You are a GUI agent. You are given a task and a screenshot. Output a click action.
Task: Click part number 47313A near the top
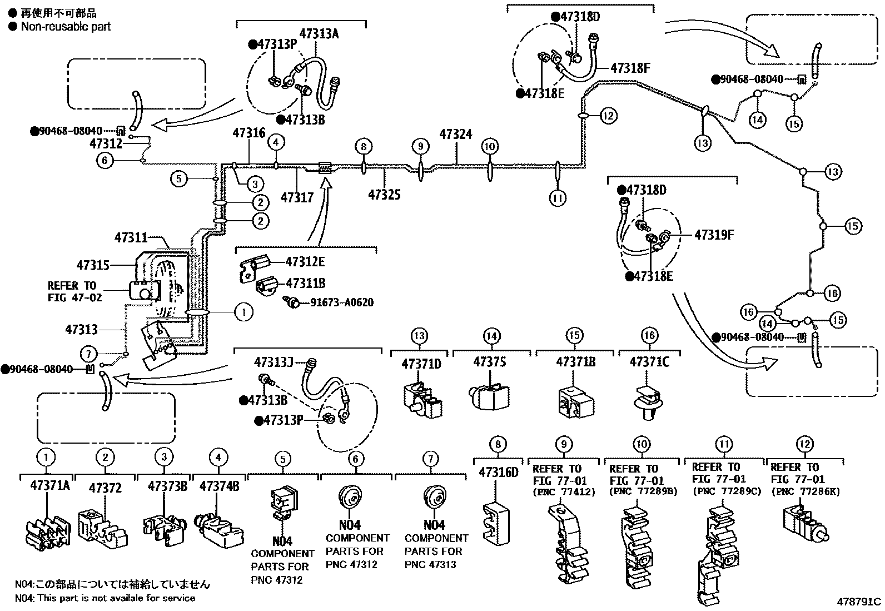pyautogui.click(x=319, y=33)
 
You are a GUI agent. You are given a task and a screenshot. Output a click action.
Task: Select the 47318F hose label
pyautogui.click(x=630, y=68)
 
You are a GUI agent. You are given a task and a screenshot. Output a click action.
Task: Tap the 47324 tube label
pyautogui.click(x=456, y=135)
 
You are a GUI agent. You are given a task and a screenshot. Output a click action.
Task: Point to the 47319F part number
pyautogui.click(x=714, y=235)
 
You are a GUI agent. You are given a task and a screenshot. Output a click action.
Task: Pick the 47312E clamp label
pyautogui.click(x=305, y=262)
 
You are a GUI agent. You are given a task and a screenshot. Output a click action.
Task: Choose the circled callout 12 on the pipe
pyautogui.click(x=609, y=116)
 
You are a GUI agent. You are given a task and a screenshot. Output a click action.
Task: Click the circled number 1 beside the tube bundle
pyautogui.click(x=243, y=312)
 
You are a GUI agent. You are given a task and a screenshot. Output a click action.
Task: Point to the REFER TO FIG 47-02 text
pyautogui.click(x=74, y=291)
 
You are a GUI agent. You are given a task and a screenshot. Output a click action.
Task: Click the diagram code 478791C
pyautogui.click(x=859, y=602)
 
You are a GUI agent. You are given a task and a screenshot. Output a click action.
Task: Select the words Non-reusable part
pyautogui.click(x=66, y=26)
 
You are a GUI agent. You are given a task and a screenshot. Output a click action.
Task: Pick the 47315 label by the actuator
pyautogui.click(x=93, y=265)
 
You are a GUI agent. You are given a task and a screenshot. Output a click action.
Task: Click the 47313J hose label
pyautogui.click(x=274, y=362)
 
